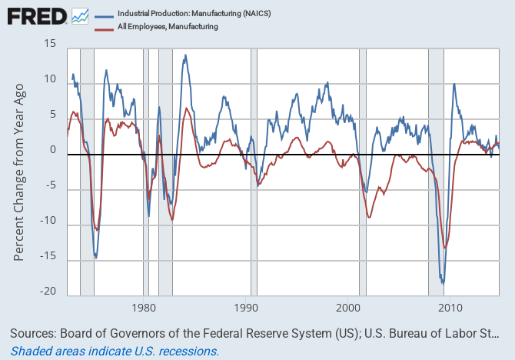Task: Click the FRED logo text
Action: (x=35, y=16)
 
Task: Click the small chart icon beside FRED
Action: (x=80, y=15)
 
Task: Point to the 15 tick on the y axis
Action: (x=50, y=43)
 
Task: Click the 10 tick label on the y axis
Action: (x=50, y=79)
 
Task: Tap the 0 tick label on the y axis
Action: (x=53, y=150)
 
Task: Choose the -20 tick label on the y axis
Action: (x=48, y=292)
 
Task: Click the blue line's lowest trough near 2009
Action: (x=443, y=284)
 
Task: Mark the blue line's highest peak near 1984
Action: (x=185, y=55)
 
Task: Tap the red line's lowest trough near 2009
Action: (x=445, y=248)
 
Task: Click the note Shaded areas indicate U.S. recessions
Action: (x=115, y=351)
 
